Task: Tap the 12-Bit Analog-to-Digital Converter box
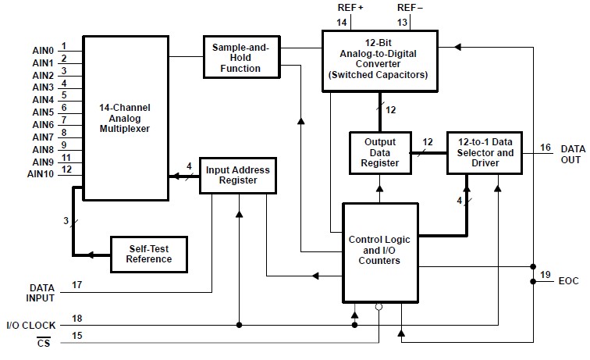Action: (x=379, y=59)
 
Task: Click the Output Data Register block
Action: (x=380, y=152)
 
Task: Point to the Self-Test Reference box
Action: (x=149, y=254)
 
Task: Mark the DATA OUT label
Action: (x=571, y=154)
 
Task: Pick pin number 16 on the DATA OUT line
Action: (x=544, y=146)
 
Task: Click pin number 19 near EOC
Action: (x=544, y=274)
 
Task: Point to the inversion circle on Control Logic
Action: (x=379, y=306)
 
